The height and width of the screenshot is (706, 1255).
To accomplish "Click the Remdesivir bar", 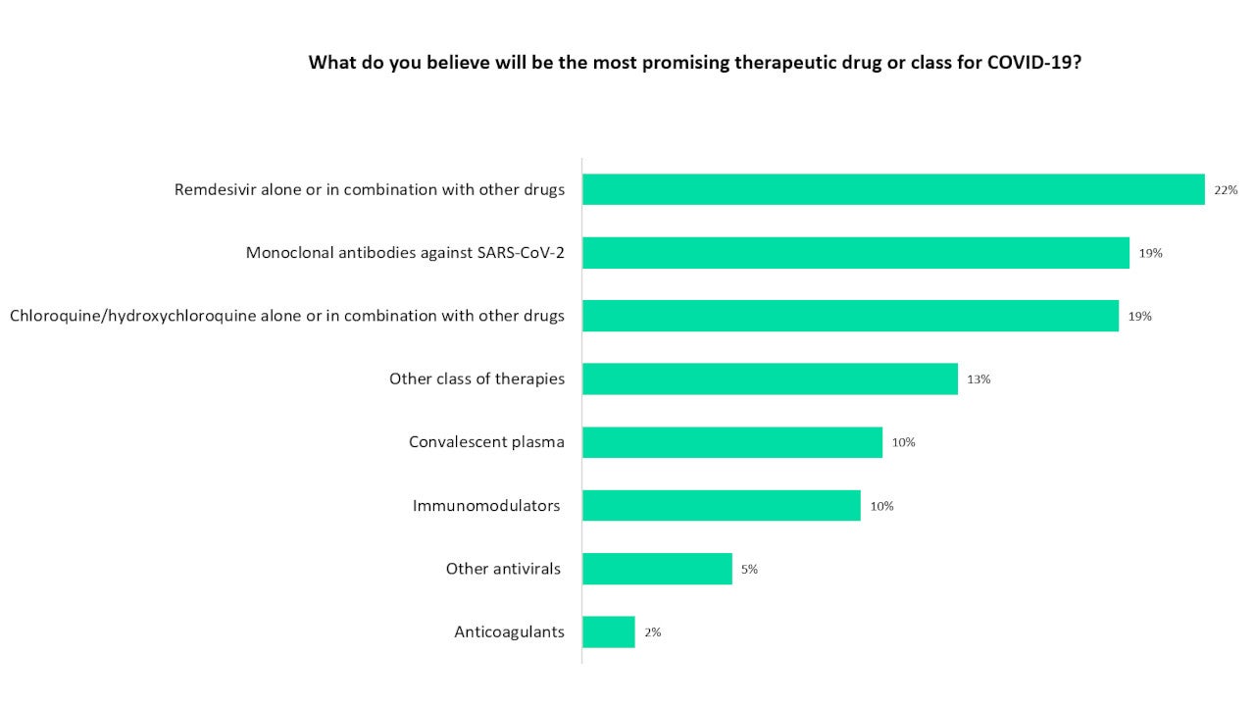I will [892, 189].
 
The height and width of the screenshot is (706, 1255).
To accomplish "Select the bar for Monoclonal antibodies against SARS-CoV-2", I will [855, 253].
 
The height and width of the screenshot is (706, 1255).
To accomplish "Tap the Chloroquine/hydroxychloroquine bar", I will [850, 316].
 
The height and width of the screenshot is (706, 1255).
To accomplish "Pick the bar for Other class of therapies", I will [770, 378].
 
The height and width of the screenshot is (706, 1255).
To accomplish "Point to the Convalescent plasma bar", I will [732, 442].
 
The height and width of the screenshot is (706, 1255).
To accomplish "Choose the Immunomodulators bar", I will [722, 506].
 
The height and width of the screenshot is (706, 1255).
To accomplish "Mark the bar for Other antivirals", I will [657, 569].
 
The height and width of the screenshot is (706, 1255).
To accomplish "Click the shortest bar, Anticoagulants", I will [609, 632].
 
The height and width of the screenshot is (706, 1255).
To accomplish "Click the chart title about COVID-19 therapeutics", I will [695, 63].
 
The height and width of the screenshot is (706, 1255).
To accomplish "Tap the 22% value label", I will [1226, 190].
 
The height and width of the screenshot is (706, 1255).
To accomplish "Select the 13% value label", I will [979, 379].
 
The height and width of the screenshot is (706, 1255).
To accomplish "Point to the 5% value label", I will [749, 570].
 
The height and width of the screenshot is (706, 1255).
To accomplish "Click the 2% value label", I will [652, 632].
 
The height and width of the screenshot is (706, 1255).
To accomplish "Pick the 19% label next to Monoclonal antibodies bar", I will [1150, 253].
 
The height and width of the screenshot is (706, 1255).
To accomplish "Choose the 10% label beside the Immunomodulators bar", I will [881, 506].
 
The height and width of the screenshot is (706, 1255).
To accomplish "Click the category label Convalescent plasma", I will [486, 442].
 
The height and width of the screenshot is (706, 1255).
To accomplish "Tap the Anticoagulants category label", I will [509, 632].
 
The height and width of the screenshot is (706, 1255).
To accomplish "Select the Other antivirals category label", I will [503, 569].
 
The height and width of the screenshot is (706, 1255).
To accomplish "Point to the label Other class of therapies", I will [477, 378].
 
